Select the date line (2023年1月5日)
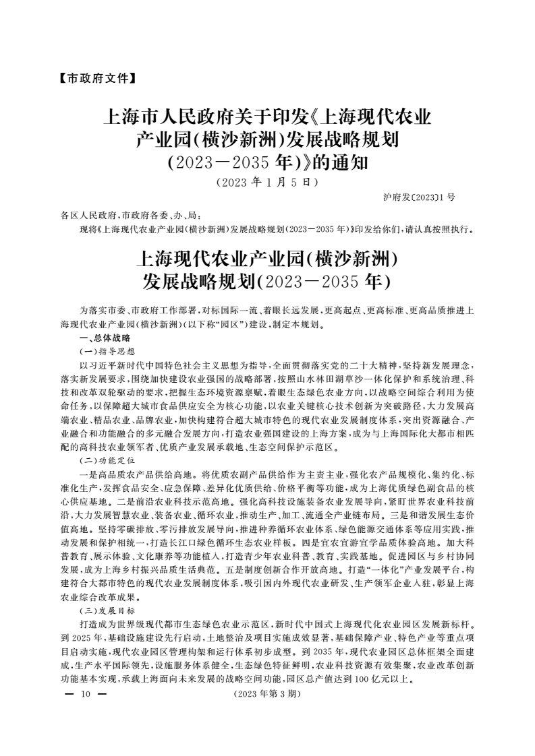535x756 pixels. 267,181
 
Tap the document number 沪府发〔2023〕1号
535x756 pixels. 418,197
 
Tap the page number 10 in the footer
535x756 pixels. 85,693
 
